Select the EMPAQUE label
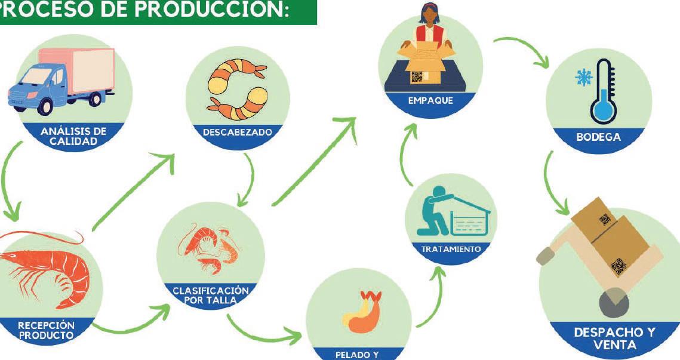(430, 101)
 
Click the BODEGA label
(598, 137)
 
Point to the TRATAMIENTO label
(451, 249)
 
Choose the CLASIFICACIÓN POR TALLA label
(210, 294)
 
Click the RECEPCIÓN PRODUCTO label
(46, 330)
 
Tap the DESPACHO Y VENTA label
(614, 339)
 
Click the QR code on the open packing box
(417, 76)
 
